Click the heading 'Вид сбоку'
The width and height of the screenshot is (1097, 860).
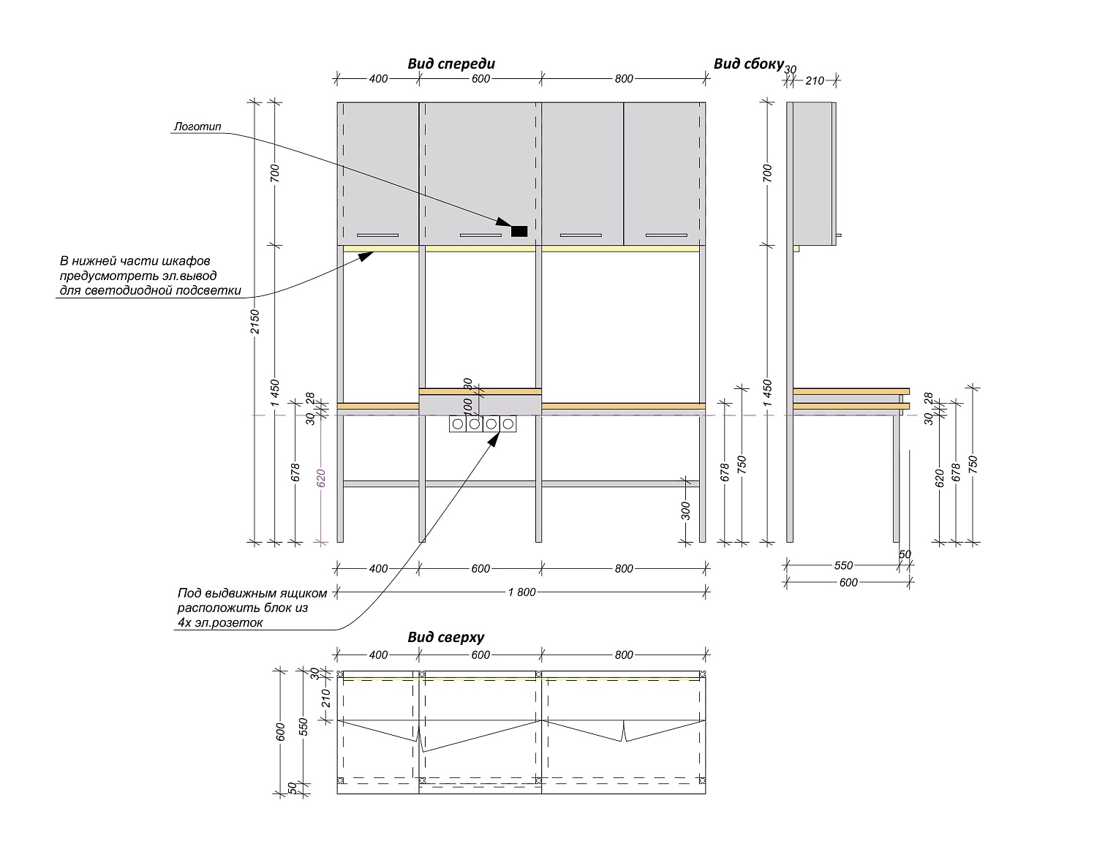click(x=748, y=64)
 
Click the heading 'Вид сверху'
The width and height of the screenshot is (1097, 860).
click(x=445, y=637)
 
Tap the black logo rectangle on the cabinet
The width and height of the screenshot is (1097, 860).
click(x=519, y=231)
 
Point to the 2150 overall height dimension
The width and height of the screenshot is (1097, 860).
click(x=255, y=322)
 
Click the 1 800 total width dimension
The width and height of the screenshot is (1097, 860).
click(x=521, y=592)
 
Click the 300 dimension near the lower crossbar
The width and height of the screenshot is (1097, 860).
click(x=686, y=510)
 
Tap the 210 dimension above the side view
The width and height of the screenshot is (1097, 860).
click(x=815, y=80)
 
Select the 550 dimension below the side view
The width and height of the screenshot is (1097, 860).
click(x=843, y=565)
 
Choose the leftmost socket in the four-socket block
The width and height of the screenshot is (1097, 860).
click(x=458, y=423)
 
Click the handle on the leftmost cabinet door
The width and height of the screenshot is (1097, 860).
click(x=377, y=235)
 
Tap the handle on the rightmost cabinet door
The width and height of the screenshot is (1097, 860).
click(x=666, y=235)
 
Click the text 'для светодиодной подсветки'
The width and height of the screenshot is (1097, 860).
click(x=150, y=290)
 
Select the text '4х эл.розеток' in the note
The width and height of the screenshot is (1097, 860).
click(x=219, y=622)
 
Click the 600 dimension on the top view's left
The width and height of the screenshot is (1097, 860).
click(x=281, y=731)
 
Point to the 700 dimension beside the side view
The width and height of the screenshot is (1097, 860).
click(x=768, y=173)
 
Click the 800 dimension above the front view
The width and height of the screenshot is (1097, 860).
click(x=624, y=79)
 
